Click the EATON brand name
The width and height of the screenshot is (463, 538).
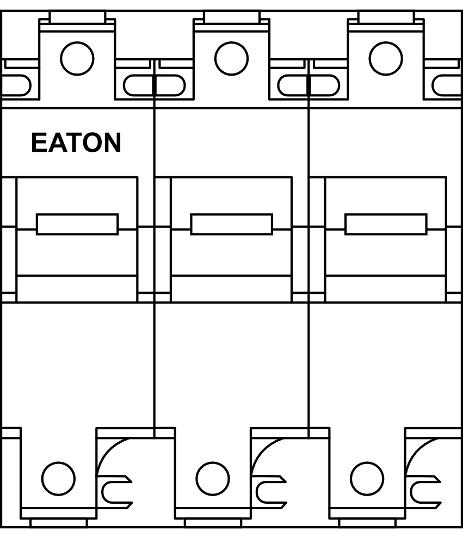(76, 143)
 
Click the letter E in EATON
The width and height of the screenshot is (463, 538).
(39, 143)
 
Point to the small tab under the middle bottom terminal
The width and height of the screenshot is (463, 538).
(213, 523)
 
